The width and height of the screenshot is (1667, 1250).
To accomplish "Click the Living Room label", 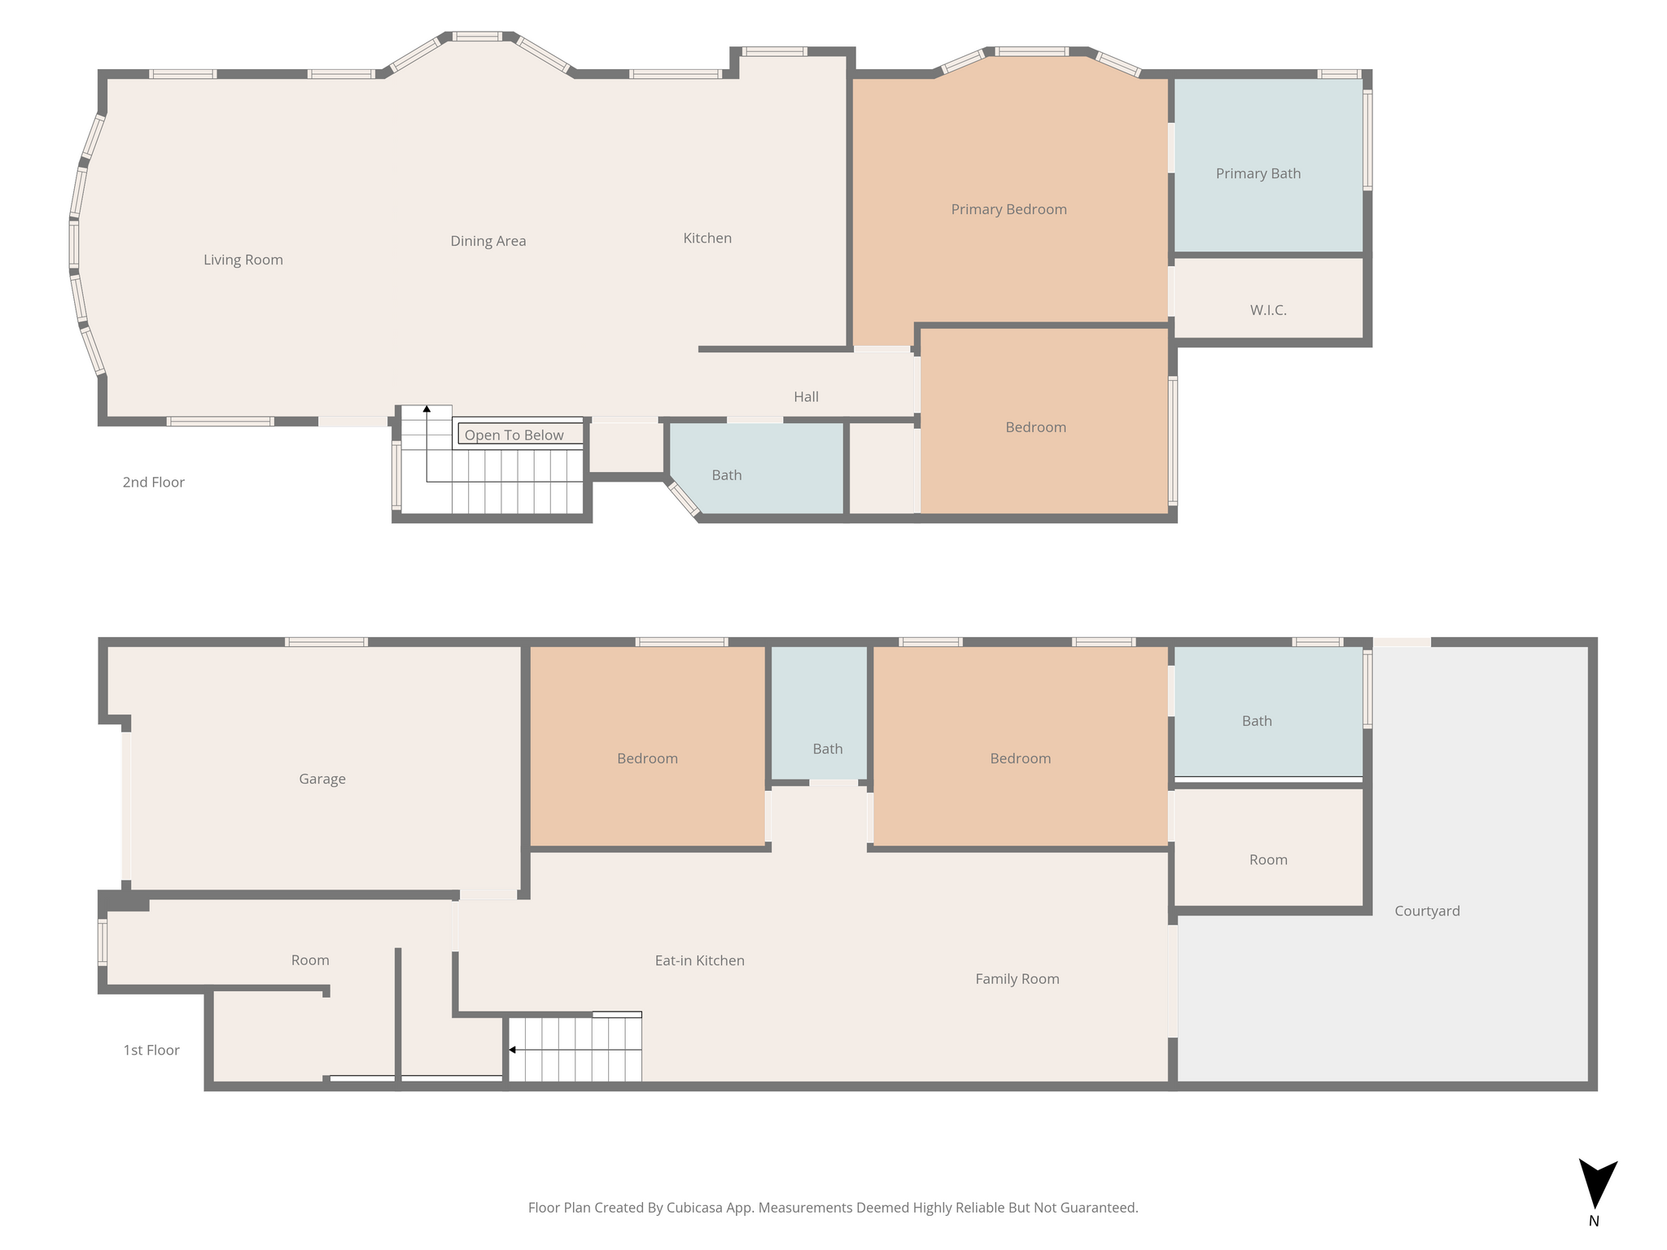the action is (243, 260).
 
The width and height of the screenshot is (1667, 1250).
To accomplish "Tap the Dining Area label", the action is (488, 241).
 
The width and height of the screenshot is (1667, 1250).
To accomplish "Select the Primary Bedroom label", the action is (1009, 209).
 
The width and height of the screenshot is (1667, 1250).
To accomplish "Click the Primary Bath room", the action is (1268, 165).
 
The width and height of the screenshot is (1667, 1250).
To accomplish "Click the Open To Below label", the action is (514, 435).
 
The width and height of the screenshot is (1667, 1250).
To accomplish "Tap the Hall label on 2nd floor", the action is (807, 396).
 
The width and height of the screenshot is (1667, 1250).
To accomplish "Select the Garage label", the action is (322, 779).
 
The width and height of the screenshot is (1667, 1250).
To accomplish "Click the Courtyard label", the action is (1428, 911).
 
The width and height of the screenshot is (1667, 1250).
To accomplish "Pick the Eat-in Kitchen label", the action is (700, 960).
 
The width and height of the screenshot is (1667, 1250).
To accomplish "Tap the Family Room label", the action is (1017, 979).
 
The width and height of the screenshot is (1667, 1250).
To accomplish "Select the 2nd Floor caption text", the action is (154, 482).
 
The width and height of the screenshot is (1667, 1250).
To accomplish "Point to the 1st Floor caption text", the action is (151, 1050).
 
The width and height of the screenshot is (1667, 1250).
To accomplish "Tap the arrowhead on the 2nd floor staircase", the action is (427, 409).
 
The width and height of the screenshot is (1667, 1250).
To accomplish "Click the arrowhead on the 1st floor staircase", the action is (512, 1050).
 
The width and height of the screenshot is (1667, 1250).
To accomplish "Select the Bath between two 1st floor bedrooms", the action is (819, 713).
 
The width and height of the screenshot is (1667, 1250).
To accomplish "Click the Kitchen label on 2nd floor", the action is (707, 238).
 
